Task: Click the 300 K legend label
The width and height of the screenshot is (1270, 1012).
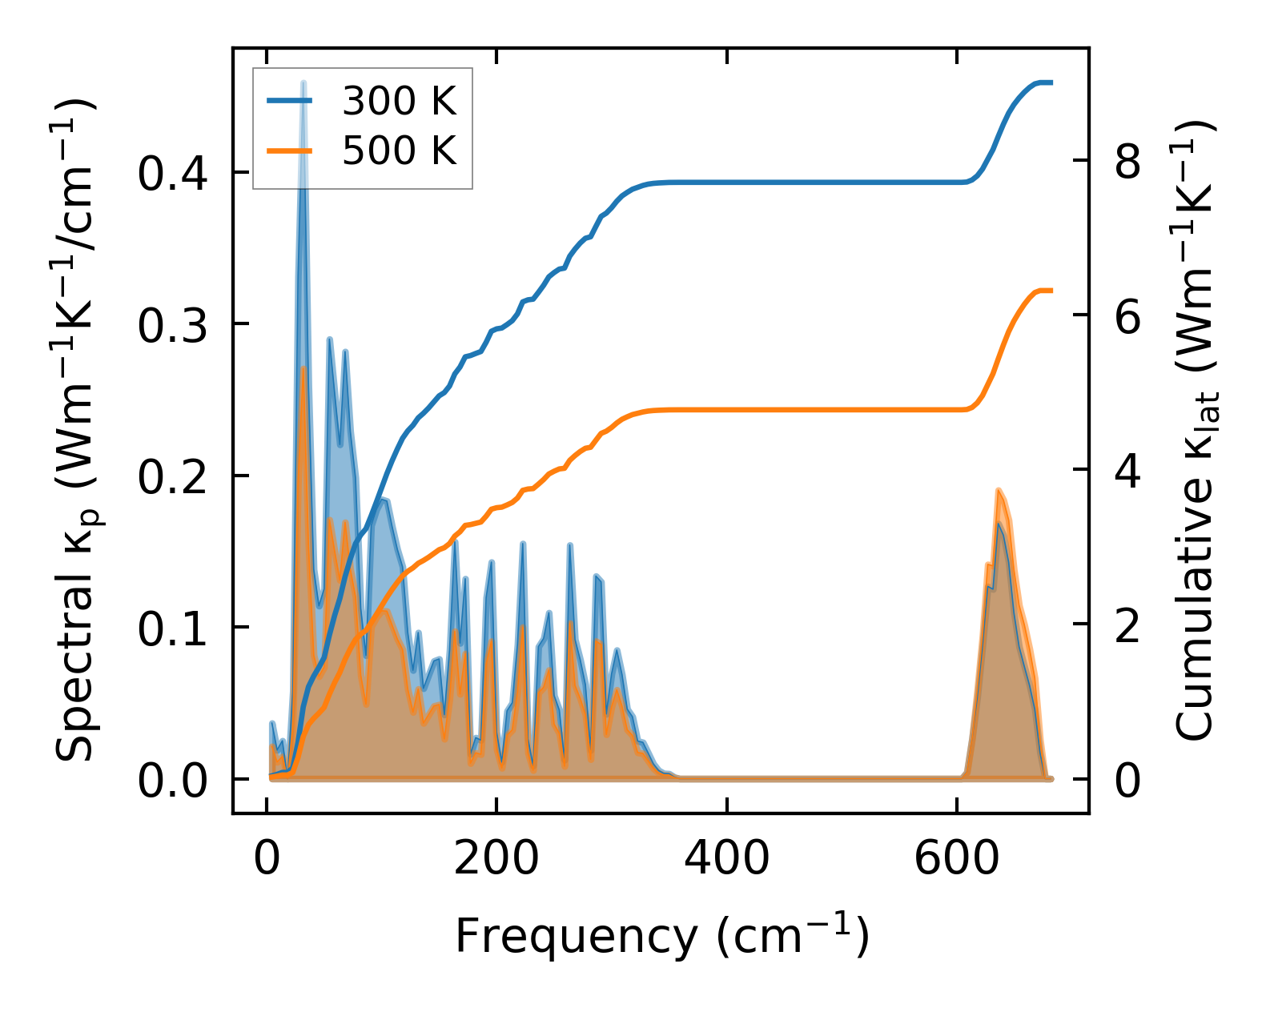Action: pos(399,102)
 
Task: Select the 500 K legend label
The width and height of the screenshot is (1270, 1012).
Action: pos(399,151)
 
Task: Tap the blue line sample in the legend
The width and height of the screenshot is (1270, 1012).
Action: pos(289,101)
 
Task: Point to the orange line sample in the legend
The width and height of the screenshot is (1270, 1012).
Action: pos(289,150)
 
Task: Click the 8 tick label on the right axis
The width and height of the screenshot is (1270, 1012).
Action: pos(1127,162)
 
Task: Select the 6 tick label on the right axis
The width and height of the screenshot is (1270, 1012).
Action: pos(1127,316)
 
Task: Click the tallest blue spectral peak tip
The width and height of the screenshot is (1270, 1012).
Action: pos(303,82)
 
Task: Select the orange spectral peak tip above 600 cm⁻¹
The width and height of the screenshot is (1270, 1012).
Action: pos(999,490)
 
